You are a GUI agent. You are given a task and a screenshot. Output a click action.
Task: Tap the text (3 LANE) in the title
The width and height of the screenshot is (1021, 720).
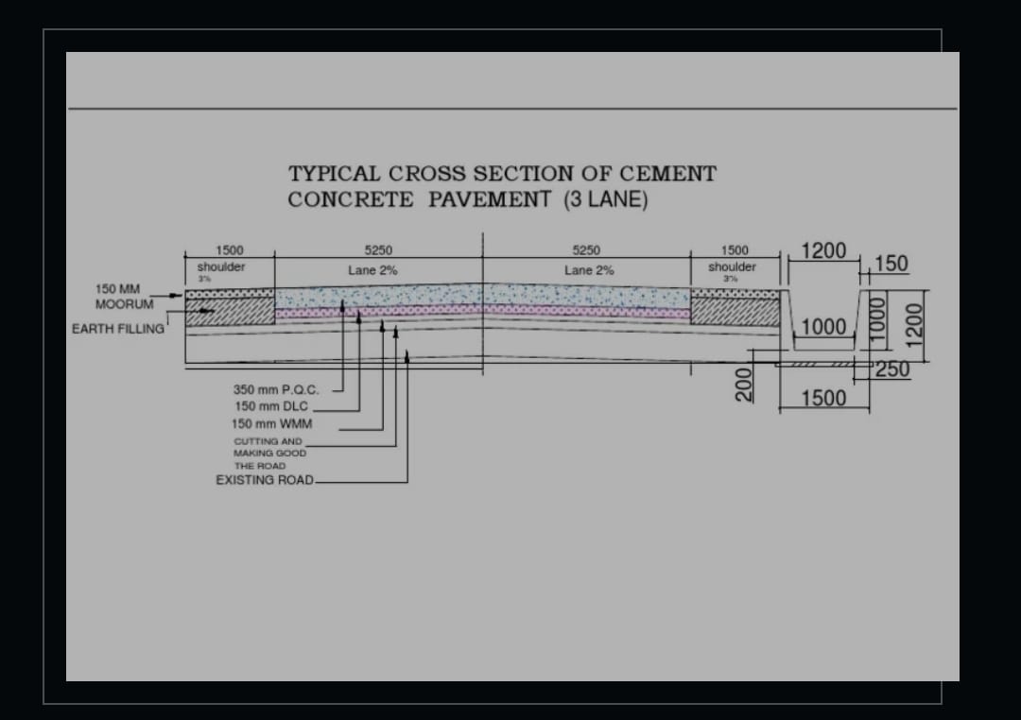[x=605, y=199]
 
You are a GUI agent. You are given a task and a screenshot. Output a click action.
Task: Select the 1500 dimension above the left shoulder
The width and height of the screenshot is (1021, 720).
[x=230, y=250]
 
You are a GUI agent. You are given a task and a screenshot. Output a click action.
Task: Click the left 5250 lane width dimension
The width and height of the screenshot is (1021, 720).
[x=378, y=250]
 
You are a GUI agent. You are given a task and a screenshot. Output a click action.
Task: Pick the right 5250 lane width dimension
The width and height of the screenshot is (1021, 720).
[x=586, y=250]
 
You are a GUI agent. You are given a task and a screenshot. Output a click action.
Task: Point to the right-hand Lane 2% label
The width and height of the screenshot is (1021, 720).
[x=589, y=270]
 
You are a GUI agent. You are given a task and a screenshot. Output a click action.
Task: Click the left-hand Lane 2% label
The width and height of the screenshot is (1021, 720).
[x=372, y=270]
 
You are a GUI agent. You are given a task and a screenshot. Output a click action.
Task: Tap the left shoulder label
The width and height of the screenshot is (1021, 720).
[x=221, y=267]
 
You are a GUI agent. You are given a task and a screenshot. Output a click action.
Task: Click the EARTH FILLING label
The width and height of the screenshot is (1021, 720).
[x=118, y=329]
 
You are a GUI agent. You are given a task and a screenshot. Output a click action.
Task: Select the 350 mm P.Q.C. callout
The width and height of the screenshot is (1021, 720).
[x=276, y=389]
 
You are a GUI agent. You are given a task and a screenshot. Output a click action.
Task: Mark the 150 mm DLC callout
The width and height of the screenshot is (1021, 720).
[x=270, y=406]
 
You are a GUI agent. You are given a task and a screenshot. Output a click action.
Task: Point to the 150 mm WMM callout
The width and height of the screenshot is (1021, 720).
[x=271, y=424]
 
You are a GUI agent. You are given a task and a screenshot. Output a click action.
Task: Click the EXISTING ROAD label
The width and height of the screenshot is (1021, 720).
[x=265, y=480]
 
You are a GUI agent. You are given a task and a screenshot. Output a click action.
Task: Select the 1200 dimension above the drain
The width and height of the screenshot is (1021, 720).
[x=823, y=250]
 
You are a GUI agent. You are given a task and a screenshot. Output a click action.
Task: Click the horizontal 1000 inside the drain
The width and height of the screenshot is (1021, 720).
[x=823, y=327]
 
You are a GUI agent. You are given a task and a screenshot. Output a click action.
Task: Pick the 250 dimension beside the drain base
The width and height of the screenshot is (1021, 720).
[x=891, y=369]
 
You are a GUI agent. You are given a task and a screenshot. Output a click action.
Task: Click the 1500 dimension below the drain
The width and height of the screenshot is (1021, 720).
[x=823, y=398]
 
